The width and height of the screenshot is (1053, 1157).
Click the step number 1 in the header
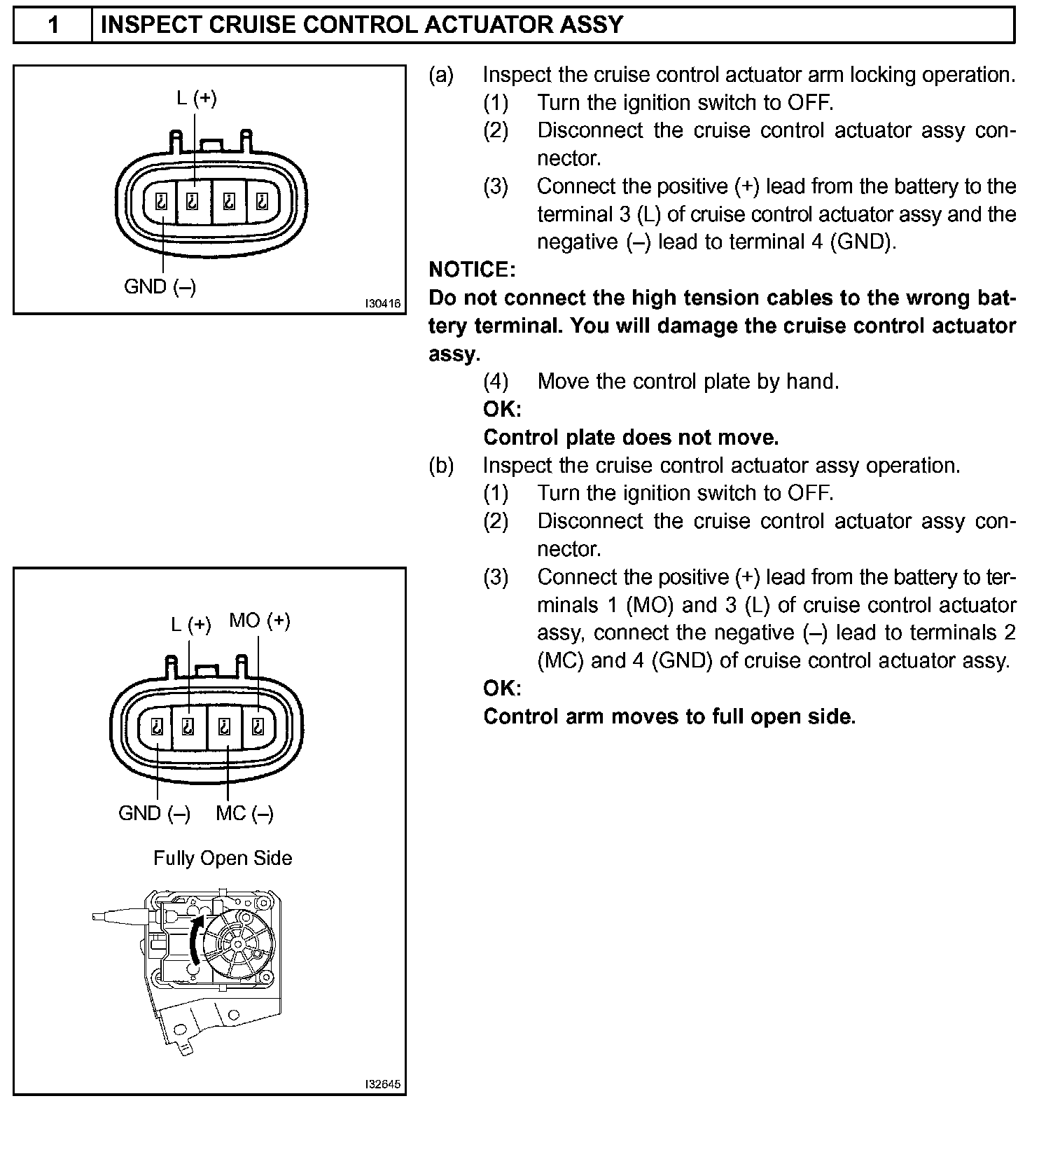point(53,25)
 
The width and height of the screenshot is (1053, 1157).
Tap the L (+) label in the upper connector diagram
point(196,99)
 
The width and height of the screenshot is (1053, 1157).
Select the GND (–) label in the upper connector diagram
point(160,286)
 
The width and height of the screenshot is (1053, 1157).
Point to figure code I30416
point(382,303)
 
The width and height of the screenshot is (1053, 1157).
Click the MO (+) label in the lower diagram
point(259,621)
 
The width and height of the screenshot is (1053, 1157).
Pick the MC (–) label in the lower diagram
point(244,813)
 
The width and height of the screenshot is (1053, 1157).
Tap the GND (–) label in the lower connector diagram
point(154,813)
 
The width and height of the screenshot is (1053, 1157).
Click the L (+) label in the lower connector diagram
point(190,624)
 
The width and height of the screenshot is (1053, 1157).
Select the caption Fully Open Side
point(223,858)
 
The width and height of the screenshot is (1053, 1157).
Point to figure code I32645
point(382,1085)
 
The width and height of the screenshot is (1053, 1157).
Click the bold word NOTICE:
point(472,270)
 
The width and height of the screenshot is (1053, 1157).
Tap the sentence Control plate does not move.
point(631,438)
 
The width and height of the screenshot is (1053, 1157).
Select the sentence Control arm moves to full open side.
point(669,716)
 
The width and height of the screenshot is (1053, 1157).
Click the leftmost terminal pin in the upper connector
point(160,203)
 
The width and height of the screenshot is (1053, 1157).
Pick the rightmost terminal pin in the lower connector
point(258,728)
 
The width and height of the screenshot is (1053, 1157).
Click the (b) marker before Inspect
point(441,466)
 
